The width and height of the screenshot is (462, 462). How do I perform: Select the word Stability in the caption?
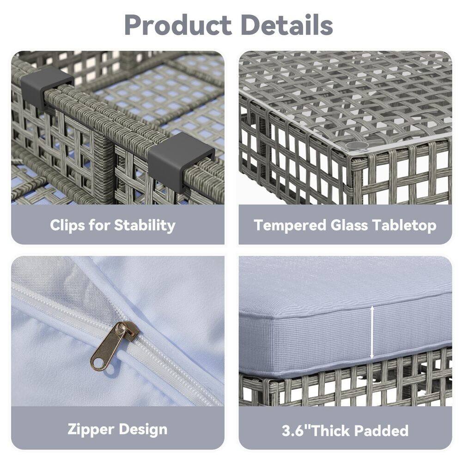click(x=145, y=225)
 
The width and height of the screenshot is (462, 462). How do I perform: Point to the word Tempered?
click(x=290, y=225)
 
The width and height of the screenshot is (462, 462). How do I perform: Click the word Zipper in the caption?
click(x=90, y=429)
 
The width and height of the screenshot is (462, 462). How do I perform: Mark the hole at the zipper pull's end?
click(x=97, y=363)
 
